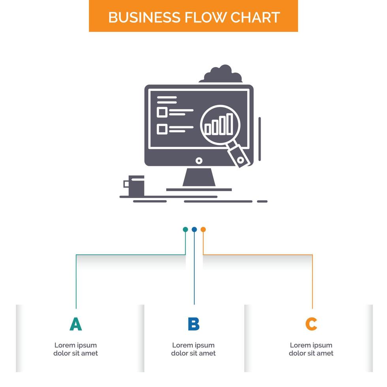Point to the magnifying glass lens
point(220,124)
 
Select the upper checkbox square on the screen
point(161,112)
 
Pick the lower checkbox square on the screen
point(161,129)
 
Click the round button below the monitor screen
point(199,160)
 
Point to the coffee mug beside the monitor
point(136,185)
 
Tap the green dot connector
point(185,229)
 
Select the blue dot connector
point(194,229)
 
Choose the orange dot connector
point(203,229)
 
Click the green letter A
point(75,324)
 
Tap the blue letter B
point(193,324)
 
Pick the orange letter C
point(311,324)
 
